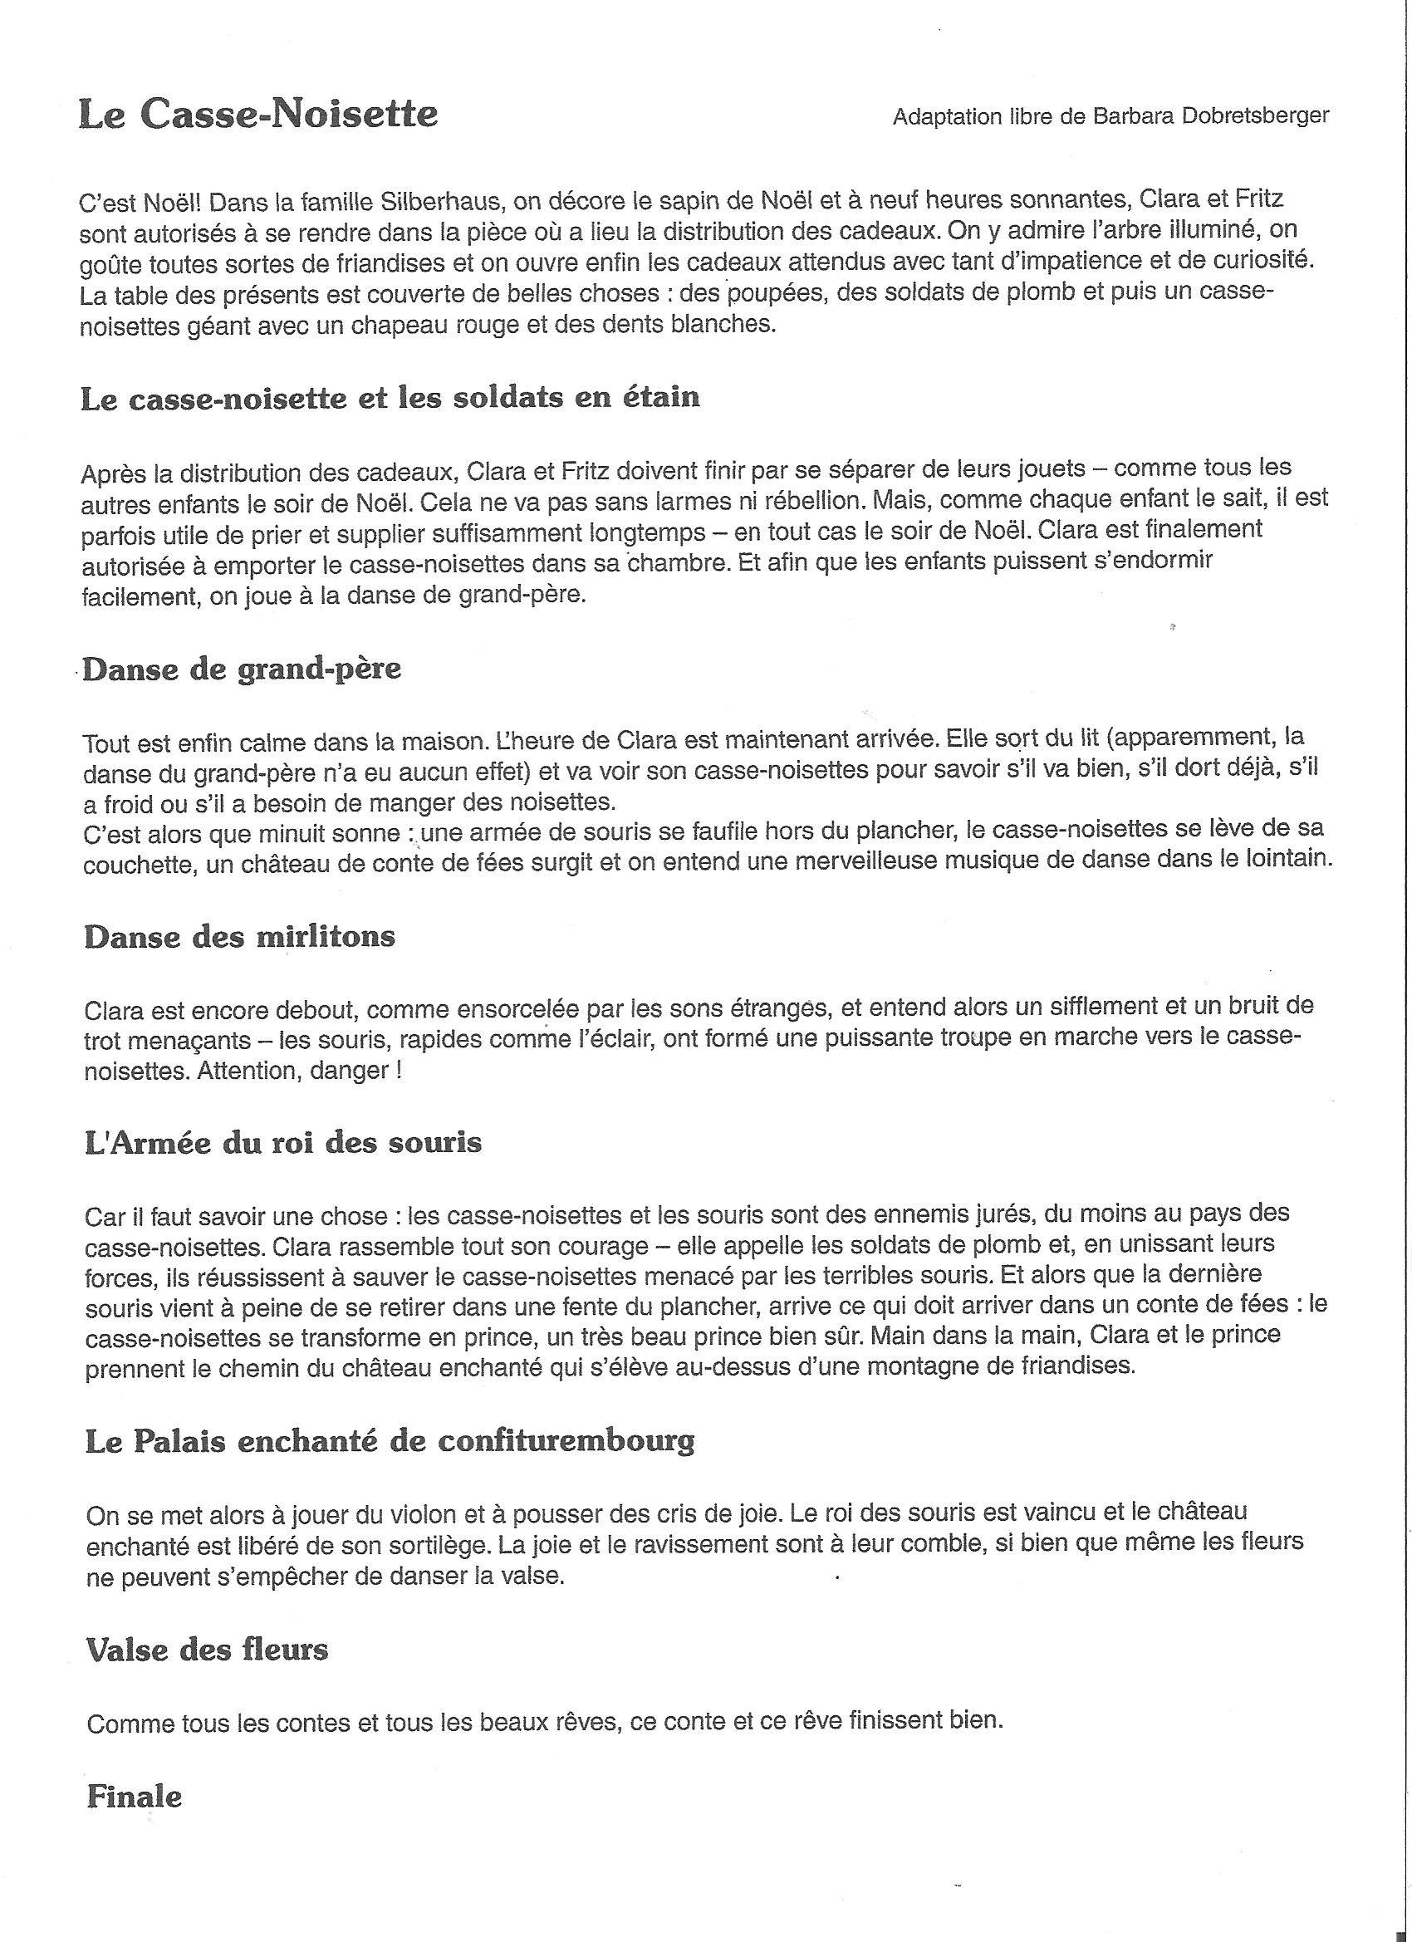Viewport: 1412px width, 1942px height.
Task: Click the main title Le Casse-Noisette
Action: click(257, 114)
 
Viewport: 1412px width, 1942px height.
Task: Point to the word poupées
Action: click(776, 294)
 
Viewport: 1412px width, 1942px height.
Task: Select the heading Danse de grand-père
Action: click(243, 669)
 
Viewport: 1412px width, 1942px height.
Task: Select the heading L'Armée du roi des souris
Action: click(283, 1143)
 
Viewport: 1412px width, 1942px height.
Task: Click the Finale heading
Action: click(135, 1797)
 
